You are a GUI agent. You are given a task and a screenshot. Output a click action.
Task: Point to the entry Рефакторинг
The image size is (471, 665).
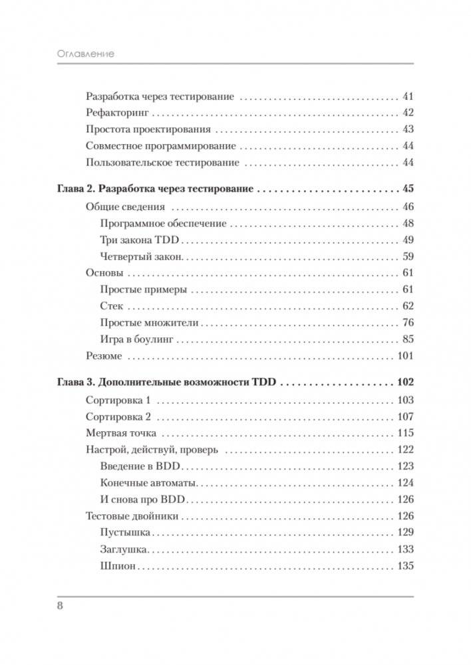pos(117,112)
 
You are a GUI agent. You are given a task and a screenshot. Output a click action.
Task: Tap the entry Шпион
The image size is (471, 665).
pos(118,567)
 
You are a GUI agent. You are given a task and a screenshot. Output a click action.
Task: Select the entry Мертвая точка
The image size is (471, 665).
pos(121,433)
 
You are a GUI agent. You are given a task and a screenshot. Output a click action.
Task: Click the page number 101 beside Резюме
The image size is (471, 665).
pos(405,356)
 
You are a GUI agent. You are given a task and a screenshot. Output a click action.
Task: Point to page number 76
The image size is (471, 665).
pos(408,323)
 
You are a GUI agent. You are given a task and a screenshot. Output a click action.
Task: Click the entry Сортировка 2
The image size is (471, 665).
pos(119,417)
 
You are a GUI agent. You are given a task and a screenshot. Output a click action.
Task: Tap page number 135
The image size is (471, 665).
pos(405,567)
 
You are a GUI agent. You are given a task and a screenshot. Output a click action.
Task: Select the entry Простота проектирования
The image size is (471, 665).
pos(148,129)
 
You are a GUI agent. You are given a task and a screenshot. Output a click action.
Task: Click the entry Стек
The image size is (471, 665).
pos(112,306)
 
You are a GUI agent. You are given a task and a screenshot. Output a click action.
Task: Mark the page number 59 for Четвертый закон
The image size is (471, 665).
pos(408,256)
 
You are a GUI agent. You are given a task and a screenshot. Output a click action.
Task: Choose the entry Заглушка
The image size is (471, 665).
pos(124,549)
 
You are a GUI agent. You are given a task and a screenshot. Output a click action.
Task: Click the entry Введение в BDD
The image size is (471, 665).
pos(142,466)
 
